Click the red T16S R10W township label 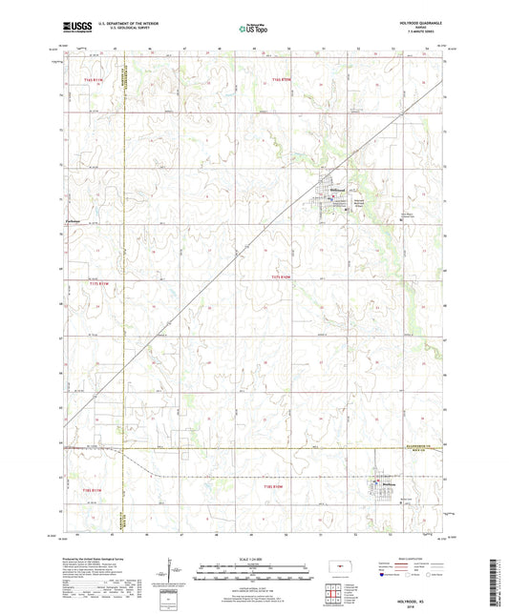[x=281, y=79]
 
